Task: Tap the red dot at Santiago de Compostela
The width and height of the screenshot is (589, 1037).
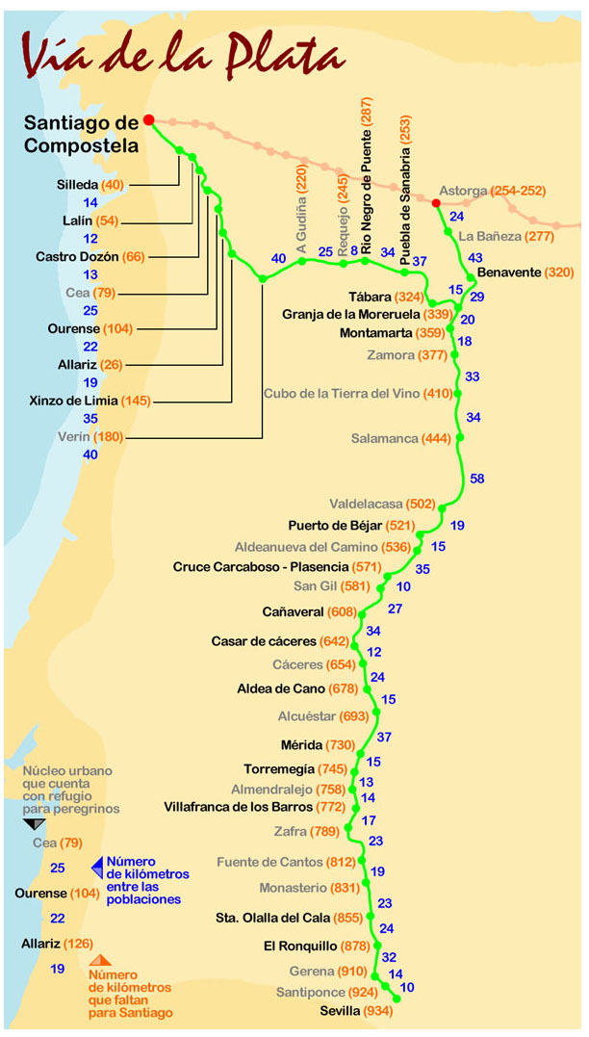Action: (149, 120)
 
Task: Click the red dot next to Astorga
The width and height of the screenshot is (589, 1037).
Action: (436, 203)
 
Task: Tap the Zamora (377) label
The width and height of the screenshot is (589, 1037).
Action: (408, 355)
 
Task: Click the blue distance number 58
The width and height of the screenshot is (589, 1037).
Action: (478, 479)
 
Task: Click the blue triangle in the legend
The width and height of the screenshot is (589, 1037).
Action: (96, 867)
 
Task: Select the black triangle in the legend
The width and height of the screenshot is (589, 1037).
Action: (34, 824)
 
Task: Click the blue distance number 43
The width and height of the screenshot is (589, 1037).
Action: (475, 257)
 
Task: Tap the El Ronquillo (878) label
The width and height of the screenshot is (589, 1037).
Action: (316, 946)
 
